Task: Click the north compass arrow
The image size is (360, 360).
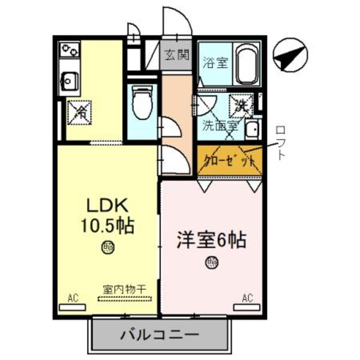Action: click(290, 57)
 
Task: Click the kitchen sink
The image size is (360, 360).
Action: click(70, 79)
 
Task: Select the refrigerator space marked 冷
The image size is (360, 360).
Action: click(78, 112)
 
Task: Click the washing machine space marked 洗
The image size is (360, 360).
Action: click(242, 106)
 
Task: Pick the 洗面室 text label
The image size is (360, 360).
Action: click(220, 126)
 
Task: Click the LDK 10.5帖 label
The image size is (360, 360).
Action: click(107, 216)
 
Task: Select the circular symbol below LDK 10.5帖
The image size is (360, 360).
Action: click(108, 246)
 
